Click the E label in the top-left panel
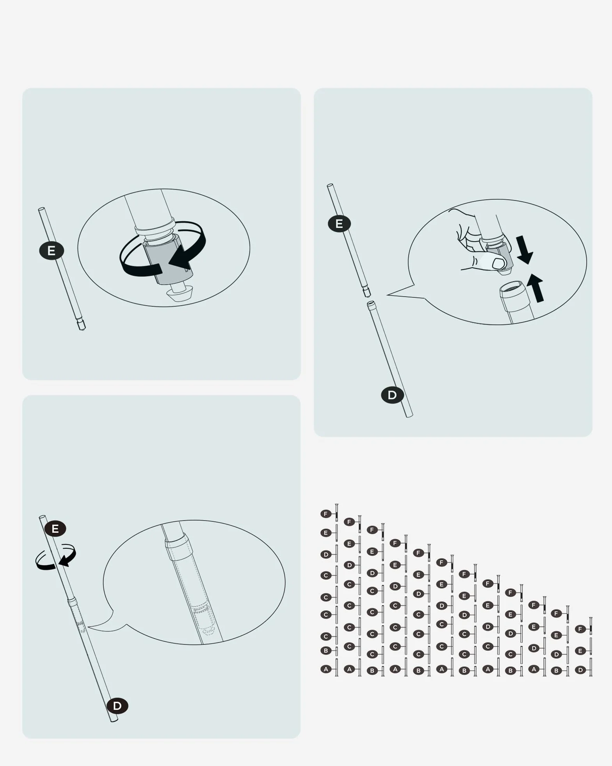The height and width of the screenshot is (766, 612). [x=52, y=251]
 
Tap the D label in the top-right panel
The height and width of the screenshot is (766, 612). [x=392, y=395]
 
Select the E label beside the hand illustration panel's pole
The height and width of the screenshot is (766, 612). [x=339, y=224]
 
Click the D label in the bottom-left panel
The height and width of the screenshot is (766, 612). [x=117, y=706]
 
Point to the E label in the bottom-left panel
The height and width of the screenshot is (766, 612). [x=55, y=529]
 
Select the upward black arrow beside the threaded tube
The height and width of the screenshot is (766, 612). [x=535, y=288]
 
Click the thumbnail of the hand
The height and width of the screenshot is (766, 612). [x=499, y=263]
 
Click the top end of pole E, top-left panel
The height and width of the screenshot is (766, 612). [x=41, y=209]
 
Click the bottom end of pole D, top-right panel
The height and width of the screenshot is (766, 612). [x=409, y=415]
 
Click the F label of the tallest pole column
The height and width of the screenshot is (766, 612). [x=326, y=514]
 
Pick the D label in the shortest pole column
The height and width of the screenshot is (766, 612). [x=580, y=670]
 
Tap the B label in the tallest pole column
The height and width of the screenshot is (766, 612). [x=326, y=651]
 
